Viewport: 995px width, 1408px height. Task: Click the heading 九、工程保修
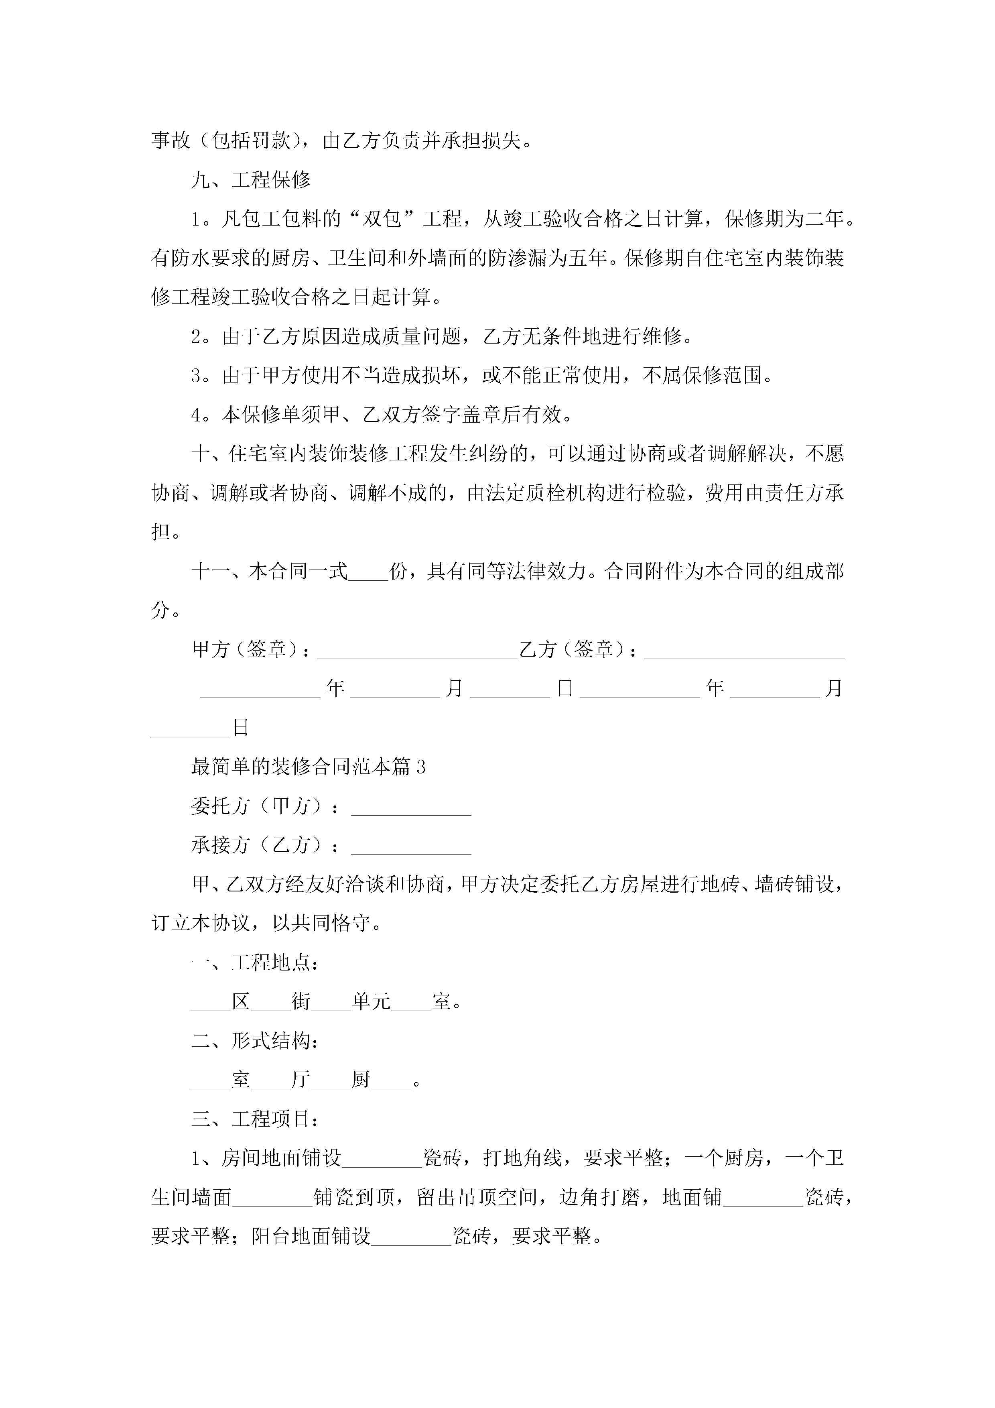coord(251,180)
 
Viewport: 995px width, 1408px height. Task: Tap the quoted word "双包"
coord(381,219)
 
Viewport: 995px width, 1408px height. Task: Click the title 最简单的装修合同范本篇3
coord(309,767)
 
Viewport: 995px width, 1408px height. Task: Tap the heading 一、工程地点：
coord(255,963)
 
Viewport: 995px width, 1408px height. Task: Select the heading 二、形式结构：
coord(255,1041)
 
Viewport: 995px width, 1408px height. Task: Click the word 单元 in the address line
coord(371,1002)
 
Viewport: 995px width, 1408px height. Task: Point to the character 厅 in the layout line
coord(301,1080)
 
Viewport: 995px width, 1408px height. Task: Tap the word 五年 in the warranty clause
coord(588,258)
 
